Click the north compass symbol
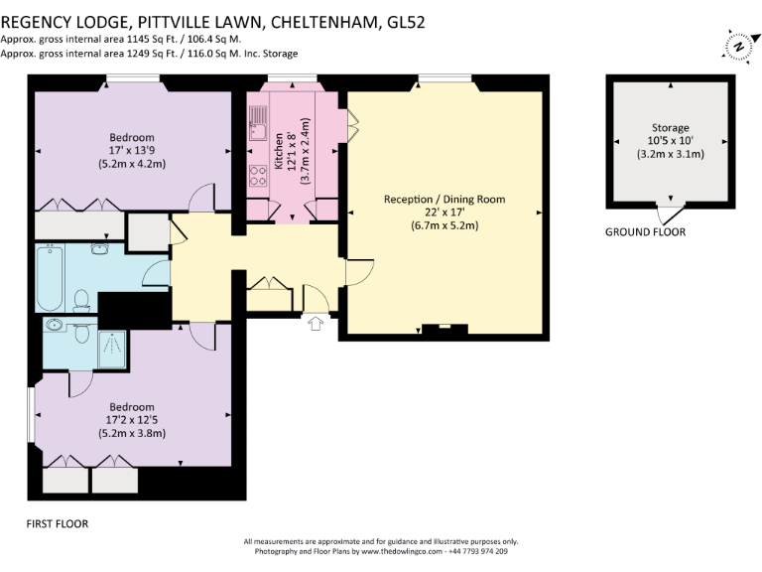(x=740, y=47)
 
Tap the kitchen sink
(x=258, y=124)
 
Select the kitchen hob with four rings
(x=258, y=176)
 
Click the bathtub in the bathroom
(x=50, y=278)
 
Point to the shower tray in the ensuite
(x=112, y=350)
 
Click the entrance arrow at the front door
(x=316, y=324)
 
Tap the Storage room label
(x=670, y=128)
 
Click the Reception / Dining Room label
(x=444, y=200)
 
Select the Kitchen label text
(x=279, y=151)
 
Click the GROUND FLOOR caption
(x=645, y=232)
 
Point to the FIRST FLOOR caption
(x=58, y=524)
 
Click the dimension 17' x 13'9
(x=132, y=151)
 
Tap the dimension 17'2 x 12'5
(x=132, y=420)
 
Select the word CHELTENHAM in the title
(x=324, y=23)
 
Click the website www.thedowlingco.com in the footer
(x=402, y=551)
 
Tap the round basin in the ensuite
(x=53, y=324)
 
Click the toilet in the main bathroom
(x=81, y=302)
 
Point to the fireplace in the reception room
(x=444, y=330)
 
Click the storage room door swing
(x=670, y=214)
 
